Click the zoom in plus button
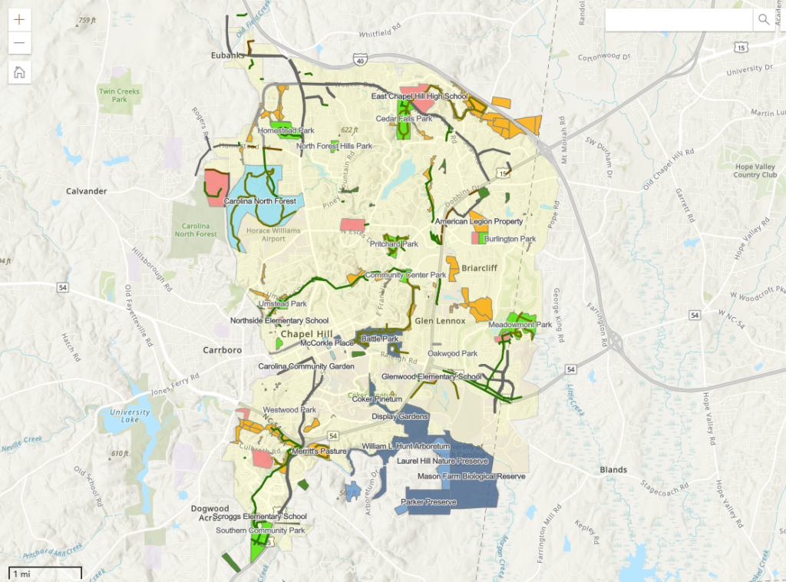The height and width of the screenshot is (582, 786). pyautogui.click(x=19, y=19)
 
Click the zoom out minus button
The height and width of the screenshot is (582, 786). pyautogui.click(x=19, y=43)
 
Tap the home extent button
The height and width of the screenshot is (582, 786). pyautogui.click(x=19, y=72)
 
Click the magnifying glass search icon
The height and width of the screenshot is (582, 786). pyautogui.click(x=764, y=19)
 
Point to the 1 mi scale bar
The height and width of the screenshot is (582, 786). pyautogui.click(x=45, y=573)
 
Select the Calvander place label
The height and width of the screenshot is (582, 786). pyautogui.click(x=86, y=191)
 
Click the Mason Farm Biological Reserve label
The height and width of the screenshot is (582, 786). pyautogui.click(x=471, y=477)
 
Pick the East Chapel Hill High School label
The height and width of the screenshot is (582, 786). pyautogui.click(x=419, y=97)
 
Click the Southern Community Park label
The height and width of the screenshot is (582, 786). pyautogui.click(x=260, y=531)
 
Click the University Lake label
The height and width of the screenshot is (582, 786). pyautogui.click(x=130, y=417)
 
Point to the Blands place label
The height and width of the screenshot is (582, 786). pyautogui.click(x=613, y=470)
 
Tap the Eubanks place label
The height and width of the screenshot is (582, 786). pyautogui.click(x=227, y=56)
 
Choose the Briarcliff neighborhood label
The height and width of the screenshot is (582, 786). pyautogui.click(x=481, y=269)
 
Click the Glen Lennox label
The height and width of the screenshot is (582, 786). pyautogui.click(x=440, y=320)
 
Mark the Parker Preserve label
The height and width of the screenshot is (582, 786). pyautogui.click(x=428, y=503)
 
